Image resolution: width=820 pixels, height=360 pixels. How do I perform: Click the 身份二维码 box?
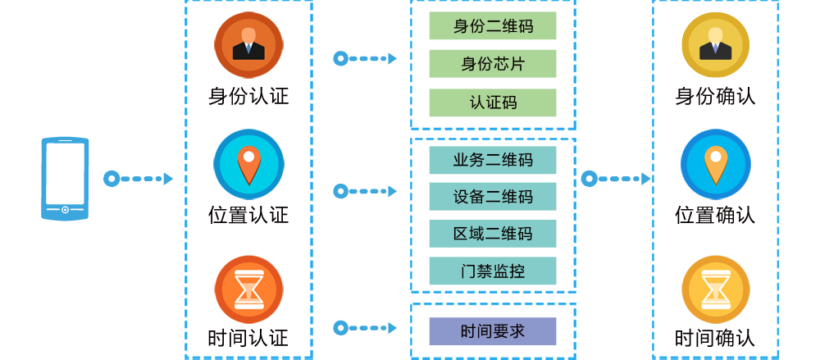pyautogui.click(x=493, y=26)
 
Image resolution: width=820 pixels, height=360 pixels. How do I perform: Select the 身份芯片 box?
pyautogui.click(x=493, y=64)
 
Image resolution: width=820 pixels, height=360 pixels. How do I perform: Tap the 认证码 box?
pyautogui.click(x=493, y=103)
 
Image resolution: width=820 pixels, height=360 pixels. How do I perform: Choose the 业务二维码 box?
pyautogui.click(x=493, y=160)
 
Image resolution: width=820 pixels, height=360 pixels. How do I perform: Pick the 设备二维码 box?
pyautogui.click(x=493, y=197)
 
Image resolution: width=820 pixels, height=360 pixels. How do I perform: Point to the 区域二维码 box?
pyautogui.click(x=493, y=234)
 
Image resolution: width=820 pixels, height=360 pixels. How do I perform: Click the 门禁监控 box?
pyautogui.click(x=493, y=271)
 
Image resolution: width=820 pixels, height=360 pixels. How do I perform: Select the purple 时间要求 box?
pyautogui.click(x=493, y=331)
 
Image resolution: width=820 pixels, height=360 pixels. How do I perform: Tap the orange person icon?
pyautogui.click(x=248, y=43)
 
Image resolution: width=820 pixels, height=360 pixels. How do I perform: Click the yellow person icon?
pyautogui.click(x=715, y=43)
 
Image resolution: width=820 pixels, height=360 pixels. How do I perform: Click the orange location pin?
pyautogui.click(x=248, y=165)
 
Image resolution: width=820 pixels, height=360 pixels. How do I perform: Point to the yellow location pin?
pyautogui.click(x=716, y=165)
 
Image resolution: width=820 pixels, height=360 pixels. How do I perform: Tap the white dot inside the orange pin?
pyautogui.click(x=248, y=156)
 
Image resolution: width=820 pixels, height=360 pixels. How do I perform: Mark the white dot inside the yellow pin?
pyautogui.click(x=716, y=156)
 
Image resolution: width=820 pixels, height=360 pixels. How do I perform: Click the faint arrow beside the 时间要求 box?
pyautogui.click(x=362, y=324)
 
